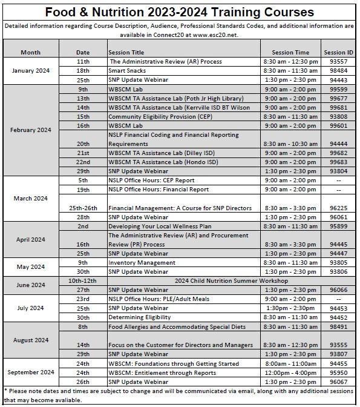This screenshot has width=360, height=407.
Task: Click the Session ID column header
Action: tap(338, 53)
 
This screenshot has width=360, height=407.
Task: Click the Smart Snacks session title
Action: tap(127, 71)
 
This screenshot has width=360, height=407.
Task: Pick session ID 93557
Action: tap(338, 62)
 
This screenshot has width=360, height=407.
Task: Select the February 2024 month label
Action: tap(31, 130)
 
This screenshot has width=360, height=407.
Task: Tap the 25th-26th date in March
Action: tap(83, 208)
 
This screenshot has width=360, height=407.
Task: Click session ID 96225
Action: tap(338, 208)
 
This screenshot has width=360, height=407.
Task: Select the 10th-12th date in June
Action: tap(83, 281)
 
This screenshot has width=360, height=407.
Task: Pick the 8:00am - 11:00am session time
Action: tap(290, 363)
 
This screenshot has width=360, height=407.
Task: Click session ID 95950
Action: tap(338, 372)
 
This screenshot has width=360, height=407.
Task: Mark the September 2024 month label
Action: tap(31, 372)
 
